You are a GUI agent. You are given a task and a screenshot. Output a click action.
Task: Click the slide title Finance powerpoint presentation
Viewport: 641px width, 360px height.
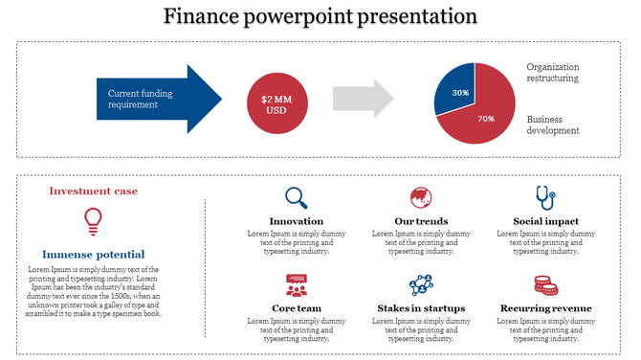(x=320, y=16)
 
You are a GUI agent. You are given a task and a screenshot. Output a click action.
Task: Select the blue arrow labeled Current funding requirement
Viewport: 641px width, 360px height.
(x=153, y=99)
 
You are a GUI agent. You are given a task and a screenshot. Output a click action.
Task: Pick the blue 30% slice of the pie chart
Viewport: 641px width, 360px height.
(x=456, y=87)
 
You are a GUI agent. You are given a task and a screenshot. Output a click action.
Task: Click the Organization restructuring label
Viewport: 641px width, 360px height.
(x=553, y=73)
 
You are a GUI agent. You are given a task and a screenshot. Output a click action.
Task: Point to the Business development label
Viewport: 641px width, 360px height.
(x=553, y=124)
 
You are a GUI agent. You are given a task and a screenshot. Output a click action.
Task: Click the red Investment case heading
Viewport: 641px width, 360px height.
(x=93, y=191)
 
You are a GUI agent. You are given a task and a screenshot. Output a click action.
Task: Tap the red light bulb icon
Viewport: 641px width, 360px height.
(x=93, y=220)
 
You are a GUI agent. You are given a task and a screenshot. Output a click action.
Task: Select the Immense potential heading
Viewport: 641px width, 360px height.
(x=93, y=255)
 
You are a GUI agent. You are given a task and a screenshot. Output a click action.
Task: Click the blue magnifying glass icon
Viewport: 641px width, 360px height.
(x=297, y=198)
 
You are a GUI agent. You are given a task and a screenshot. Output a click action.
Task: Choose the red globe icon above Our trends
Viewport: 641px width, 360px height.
(x=420, y=198)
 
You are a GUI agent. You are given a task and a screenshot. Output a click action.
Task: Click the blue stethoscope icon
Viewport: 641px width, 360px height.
(x=545, y=197)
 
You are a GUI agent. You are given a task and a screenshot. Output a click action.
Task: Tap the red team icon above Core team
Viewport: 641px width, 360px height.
(x=297, y=284)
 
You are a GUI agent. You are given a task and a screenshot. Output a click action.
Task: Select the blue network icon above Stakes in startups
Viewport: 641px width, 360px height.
(x=420, y=284)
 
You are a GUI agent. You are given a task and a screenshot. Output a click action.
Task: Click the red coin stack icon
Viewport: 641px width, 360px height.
(x=545, y=284)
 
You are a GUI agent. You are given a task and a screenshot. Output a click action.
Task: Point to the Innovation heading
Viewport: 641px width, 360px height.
(x=297, y=221)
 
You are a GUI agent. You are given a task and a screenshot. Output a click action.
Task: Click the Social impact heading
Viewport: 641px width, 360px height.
(x=545, y=221)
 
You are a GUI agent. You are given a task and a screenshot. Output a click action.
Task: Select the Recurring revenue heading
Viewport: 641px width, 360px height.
(x=545, y=308)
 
